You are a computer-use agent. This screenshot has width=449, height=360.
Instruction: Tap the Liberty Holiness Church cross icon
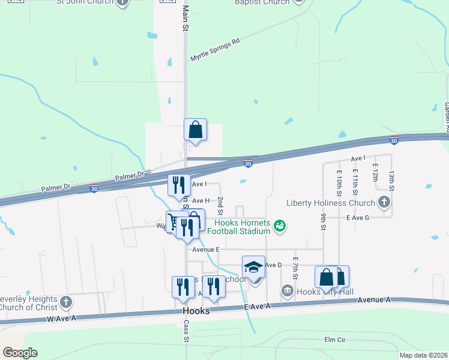pos(384,202)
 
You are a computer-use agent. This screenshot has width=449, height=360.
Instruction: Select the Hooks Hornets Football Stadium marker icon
pos(279,226)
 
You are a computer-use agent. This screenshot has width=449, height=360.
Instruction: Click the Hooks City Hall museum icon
pos(287,292)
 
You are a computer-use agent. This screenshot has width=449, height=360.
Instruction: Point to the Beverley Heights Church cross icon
pos(66,301)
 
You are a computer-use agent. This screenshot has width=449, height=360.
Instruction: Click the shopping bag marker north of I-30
pos(195,130)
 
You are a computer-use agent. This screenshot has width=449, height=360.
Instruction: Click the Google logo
pos(19,353)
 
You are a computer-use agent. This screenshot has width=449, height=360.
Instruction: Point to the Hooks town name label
pos(196,311)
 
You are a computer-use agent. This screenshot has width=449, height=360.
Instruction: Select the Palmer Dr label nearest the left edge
pos(56,188)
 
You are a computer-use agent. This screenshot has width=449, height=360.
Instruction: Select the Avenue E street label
pos(206,249)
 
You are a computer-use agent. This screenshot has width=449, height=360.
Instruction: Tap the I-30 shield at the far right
pos(393,140)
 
